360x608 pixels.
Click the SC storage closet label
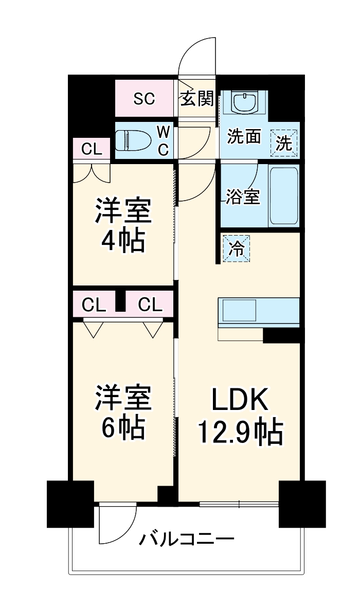point(144,98)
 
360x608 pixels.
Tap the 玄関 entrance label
point(196,98)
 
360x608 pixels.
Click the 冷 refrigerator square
point(237,248)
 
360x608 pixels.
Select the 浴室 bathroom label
point(243,197)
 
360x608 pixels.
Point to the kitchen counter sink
point(239,311)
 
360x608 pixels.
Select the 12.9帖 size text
point(240,432)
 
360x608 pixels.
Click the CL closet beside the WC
point(92,150)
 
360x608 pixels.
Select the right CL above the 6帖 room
point(150,305)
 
